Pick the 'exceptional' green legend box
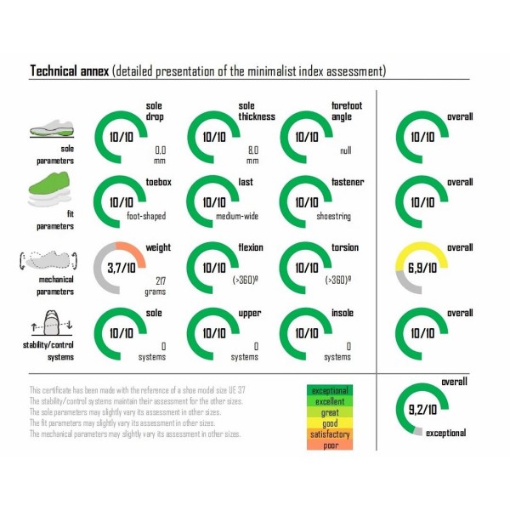pyautogui.click(x=334, y=389)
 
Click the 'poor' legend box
pyautogui.click(x=334, y=444)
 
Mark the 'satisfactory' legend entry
pyautogui.click(x=334, y=433)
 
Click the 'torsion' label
pyautogui.click(x=346, y=248)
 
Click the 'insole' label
pyautogui.click(x=343, y=314)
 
